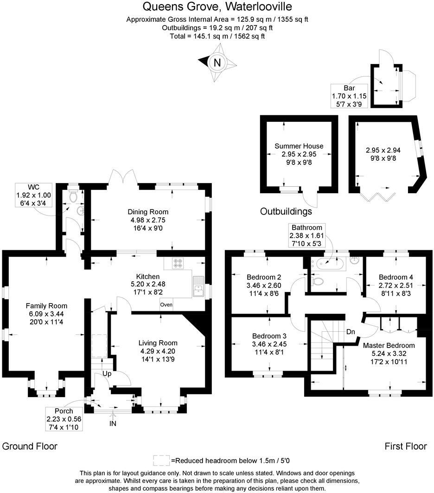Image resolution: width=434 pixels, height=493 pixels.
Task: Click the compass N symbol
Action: [217, 61]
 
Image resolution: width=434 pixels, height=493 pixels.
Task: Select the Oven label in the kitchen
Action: [166, 305]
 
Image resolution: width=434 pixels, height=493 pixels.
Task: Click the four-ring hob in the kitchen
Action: [179, 263]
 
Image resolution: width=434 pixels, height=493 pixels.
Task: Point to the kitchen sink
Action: [198, 285]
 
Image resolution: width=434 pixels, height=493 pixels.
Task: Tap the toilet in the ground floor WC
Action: [73, 196]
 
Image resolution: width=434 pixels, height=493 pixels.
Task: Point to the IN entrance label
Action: [113, 423]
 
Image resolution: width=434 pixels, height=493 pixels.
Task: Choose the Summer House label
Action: [299, 146]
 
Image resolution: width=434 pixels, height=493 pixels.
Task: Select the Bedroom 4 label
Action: [396, 277]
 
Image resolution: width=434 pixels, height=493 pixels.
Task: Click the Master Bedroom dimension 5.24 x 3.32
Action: [389, 353]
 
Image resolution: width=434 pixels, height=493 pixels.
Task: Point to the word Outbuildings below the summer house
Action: [286, 212]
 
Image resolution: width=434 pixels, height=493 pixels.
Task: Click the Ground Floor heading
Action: [30, 446]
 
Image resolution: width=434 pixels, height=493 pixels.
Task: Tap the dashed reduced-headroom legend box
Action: [161, 460]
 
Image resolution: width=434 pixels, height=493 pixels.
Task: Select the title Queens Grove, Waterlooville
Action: [217, 7]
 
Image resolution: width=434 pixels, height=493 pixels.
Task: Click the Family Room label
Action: [46, 306]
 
